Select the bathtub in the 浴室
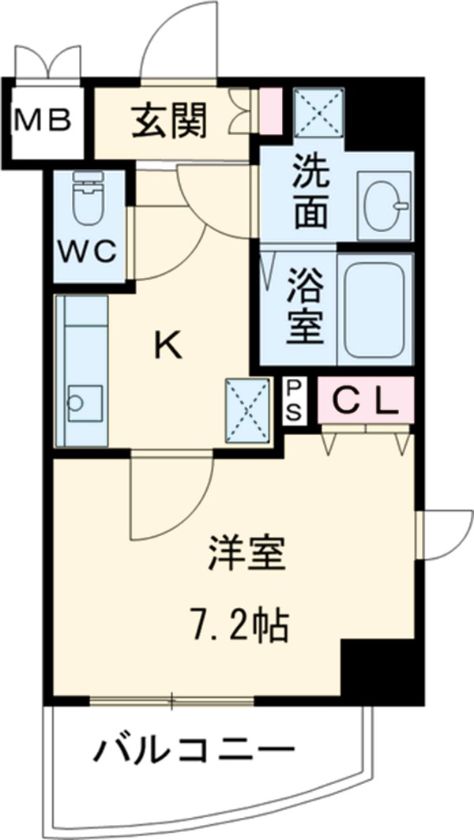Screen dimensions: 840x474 click(x=375, y=309)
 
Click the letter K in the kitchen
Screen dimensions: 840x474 click(x=167, y=344)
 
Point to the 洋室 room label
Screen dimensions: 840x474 click(x=246, y=554)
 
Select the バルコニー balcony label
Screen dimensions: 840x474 click(x=194, y=748)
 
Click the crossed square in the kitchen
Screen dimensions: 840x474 click(x=247, y=408)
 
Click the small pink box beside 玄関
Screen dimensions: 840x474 click(x=270, y=110)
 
